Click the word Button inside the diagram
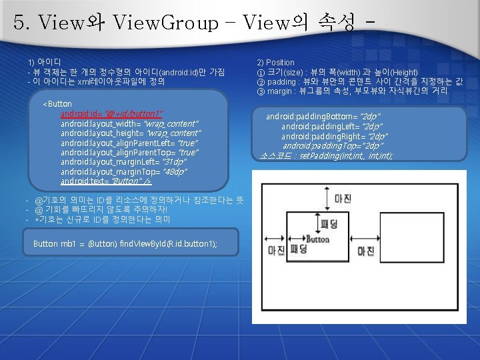point(317,239)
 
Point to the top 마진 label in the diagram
point(343,199)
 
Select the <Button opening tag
point(57,104)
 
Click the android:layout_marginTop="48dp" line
point(123,172)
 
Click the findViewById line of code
point(125,244)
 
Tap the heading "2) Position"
point(276,63)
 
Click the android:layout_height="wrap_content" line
point(130,133)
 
